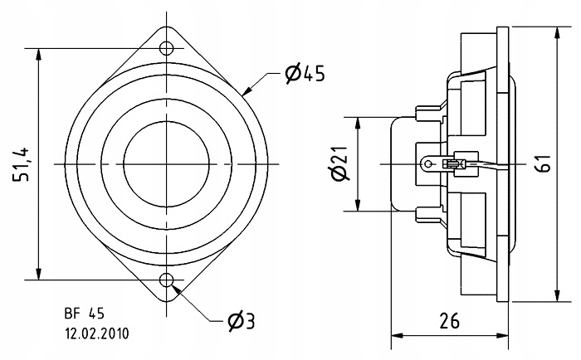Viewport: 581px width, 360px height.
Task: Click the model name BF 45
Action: click(85, 314)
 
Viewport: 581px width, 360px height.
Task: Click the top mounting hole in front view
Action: click(167, 46)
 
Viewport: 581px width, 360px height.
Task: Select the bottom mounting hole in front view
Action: click(167, 280)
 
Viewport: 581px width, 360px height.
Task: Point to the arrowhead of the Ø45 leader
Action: click(246, 90)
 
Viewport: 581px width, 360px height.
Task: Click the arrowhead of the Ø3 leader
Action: click(175, 289)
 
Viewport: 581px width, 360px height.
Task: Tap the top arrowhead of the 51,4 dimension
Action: click(39, 51)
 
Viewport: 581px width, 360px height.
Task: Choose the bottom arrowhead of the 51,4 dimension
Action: click(39, 275)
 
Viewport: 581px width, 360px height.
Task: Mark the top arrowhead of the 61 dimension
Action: click(555, 28)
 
